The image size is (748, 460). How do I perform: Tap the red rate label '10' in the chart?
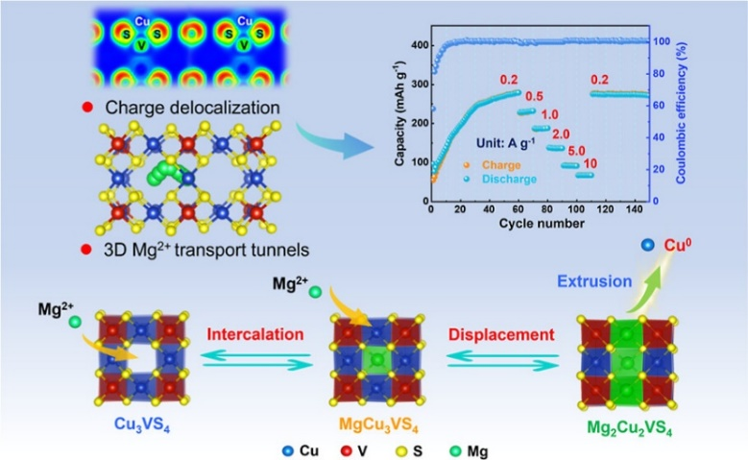[x=589, y=164]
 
